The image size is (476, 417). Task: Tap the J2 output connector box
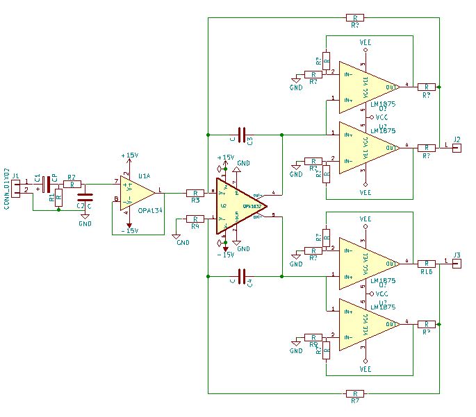456,148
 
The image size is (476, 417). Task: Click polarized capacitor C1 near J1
45,185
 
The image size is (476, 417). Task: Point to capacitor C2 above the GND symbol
85,201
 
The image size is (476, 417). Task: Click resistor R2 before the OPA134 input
69,185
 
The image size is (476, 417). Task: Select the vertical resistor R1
58,197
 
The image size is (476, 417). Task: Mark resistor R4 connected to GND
195,219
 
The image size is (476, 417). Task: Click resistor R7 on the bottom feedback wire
354,393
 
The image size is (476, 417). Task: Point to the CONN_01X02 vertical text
6,188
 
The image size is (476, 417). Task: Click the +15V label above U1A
129,155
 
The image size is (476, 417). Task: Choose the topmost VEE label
366,43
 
